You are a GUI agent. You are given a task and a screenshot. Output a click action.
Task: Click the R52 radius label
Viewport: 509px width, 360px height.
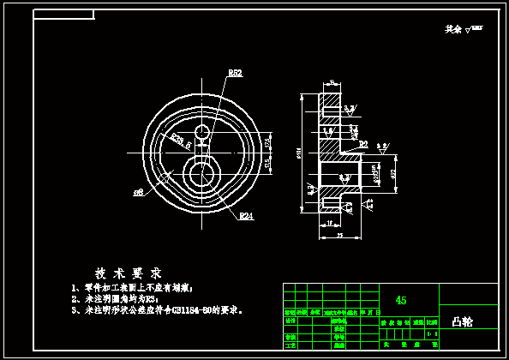(235, 74)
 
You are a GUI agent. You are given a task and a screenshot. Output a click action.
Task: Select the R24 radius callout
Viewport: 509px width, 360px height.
(246, 215)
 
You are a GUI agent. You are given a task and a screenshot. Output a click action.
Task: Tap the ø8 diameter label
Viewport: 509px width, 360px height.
(137, 192)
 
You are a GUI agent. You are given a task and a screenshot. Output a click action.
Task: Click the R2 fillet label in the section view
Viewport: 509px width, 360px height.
(363, 143)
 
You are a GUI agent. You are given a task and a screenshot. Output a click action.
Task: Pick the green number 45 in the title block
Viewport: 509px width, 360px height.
(400, 300)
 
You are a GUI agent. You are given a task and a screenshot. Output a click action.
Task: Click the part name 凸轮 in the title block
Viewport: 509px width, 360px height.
(462, 322)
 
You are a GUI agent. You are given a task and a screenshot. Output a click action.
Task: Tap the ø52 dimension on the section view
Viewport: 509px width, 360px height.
(393, 173)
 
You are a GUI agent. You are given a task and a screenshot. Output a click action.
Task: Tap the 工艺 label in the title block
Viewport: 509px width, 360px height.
(289, 345)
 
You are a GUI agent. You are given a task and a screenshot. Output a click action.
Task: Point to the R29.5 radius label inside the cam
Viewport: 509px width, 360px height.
(179, 140)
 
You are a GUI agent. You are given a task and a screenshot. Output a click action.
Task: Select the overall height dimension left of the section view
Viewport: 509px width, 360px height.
(299, 154)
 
